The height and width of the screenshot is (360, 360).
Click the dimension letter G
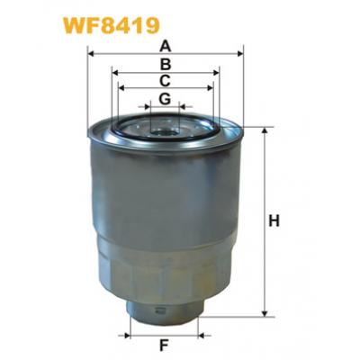click(165, 98)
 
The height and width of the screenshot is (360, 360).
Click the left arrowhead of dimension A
click(92, 54)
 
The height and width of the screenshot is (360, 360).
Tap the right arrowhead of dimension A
click(241, 54)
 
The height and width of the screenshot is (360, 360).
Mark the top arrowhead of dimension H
click(264, 131)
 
